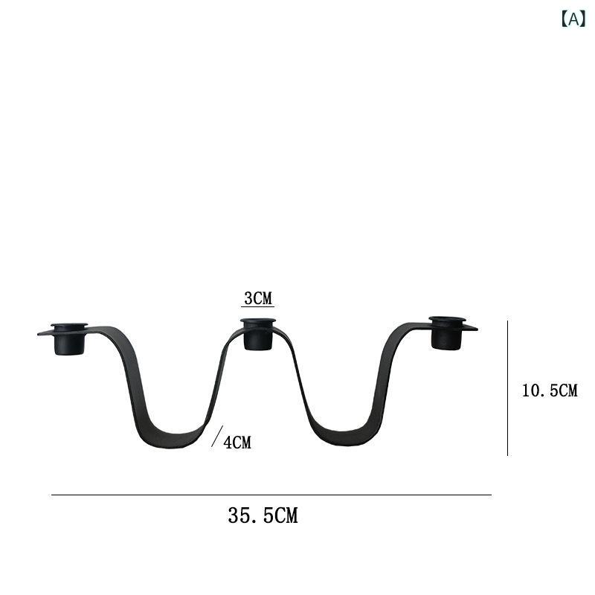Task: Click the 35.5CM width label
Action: (263, 515)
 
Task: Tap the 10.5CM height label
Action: (550, 390)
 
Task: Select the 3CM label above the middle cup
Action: (258, 298)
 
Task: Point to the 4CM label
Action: (237, 443)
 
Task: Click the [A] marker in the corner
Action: (573, 19)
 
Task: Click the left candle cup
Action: (69, 339)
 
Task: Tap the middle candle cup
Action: (258, 334)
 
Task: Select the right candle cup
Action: (447, 332)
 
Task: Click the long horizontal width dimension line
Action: (271, 495)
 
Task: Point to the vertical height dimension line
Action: (508, 387)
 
